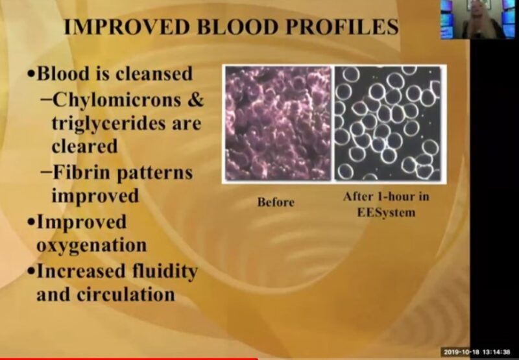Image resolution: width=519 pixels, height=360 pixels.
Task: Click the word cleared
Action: click(84, 145)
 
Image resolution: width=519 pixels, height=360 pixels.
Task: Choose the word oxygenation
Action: click(91, 246)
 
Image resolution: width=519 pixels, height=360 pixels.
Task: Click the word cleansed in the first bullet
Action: click(154, 73)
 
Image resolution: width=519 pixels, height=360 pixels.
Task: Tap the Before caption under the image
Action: click(276, 202)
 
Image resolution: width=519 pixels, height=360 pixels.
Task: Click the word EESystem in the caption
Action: click(388, 211)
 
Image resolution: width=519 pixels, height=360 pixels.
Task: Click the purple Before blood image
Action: click(278, 123)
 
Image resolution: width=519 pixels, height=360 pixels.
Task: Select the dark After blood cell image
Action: click(387, 123)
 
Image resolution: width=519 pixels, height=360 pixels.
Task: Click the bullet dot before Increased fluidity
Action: click(30, 270)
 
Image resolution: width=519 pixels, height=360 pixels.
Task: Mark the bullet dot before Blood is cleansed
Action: click(30, 74)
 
